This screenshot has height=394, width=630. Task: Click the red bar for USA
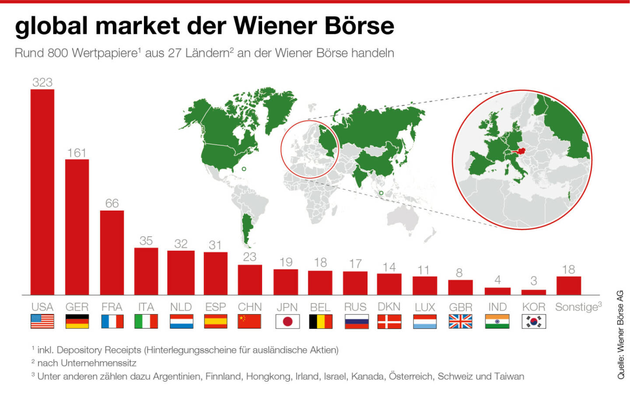coord(42,192)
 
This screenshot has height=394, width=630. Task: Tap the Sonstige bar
coord(569,286)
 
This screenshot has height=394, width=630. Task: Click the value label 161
coord(77,153)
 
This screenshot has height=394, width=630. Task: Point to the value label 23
coord(250,257)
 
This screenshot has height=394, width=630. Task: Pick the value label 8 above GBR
coord(459,273)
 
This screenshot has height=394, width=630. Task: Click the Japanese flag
coord(287,321)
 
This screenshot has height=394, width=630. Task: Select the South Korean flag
coord(533,321)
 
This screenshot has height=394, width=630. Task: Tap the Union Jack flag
coord(460,321)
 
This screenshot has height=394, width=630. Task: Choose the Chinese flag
coord(249,321)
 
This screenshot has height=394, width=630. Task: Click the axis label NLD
coord(181,307)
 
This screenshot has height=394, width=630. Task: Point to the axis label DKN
coord(389,307)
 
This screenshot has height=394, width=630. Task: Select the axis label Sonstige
coord(576,307)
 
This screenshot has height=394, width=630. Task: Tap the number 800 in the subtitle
coord(58,53)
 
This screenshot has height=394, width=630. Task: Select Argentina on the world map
coord(247,227)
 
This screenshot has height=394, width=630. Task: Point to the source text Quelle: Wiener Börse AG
coord(621,335)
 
